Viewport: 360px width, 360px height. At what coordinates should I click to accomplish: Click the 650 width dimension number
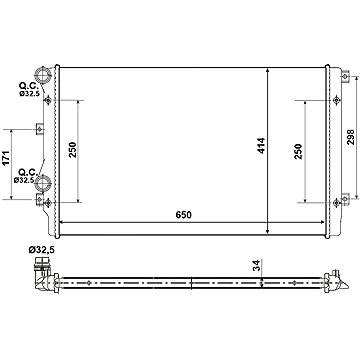pos(184,215)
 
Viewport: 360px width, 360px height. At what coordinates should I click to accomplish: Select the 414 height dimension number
pos(261,146)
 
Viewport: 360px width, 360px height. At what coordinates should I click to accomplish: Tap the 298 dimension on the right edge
pos(351,137)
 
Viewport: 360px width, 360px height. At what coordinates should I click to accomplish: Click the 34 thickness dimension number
pos(257,265)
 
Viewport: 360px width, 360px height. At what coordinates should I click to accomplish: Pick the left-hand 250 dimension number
pos(73,149)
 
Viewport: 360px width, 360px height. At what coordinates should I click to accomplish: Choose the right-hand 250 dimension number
pos(298,151)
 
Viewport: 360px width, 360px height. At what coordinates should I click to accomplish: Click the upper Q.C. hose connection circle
pos(43,75)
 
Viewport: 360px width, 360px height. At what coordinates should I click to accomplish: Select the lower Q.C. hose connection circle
pos(43,183)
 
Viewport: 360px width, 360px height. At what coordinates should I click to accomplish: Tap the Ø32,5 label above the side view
pos(41,249)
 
